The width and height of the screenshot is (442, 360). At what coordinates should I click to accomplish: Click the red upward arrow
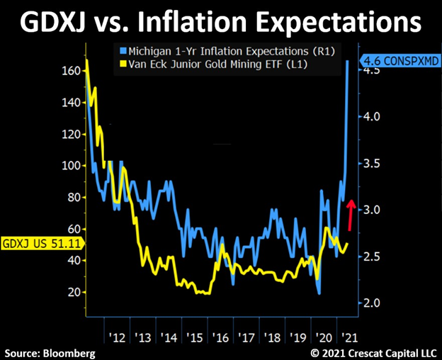pyautogui.click(x=350, y=214)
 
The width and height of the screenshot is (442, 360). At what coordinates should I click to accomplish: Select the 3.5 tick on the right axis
pyautogui.click(x=374, y=164)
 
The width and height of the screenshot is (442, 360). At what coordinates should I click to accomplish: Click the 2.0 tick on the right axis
pyautogui.click(x=374, y=303)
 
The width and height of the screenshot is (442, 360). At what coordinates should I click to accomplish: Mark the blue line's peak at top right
pyautogui.click(x=347, y=62)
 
